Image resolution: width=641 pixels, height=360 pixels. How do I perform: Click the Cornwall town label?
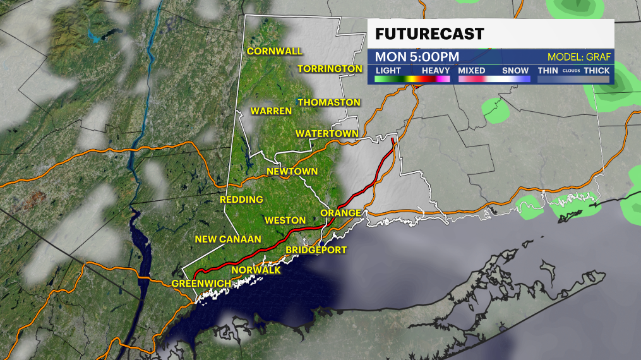point(275,51)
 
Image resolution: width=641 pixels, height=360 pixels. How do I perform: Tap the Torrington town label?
point(330,68)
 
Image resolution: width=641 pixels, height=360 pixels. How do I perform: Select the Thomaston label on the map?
point(329,102)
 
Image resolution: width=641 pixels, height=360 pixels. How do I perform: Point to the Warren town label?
point(271,111)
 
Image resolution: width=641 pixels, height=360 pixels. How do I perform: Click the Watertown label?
point(326,134)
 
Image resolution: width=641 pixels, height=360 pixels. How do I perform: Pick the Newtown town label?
point(292,172)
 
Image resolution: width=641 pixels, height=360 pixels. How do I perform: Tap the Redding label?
point(241,200)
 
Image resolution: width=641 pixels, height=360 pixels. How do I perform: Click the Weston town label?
point(285,220)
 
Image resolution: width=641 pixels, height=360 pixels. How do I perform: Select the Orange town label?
point(340,213)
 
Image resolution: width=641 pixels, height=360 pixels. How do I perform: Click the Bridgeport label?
point(316,250)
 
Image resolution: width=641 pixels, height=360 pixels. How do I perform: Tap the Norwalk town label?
point(256,270)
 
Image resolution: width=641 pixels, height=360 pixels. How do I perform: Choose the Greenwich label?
point(201,283)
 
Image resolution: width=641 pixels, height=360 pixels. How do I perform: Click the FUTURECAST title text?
point(429,33)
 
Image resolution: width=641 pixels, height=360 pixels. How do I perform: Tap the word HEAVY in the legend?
point(435,70)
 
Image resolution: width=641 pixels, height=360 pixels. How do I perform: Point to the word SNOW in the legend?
point(515,70)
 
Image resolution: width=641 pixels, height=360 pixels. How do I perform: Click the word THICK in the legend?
point(597,70)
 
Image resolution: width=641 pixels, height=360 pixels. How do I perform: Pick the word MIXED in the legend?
point(472,70)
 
